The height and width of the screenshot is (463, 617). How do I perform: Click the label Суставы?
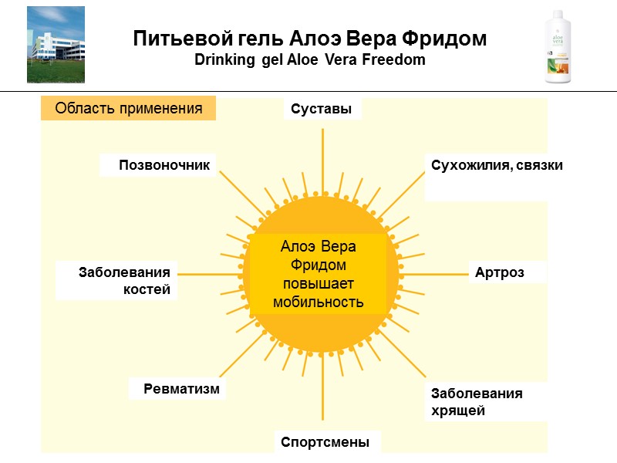coord(322,110)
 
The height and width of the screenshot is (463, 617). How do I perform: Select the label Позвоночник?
coord(164,165)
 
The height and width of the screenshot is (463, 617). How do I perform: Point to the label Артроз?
coord(506,273)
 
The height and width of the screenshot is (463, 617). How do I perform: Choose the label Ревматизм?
coord(181,389)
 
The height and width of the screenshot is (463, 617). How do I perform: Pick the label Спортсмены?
coord(325,443)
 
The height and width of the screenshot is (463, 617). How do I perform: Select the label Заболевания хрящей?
coord(476,401)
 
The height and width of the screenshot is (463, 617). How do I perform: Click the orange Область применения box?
coord(128,109)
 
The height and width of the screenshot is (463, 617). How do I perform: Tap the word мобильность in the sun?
coord(318,302)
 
